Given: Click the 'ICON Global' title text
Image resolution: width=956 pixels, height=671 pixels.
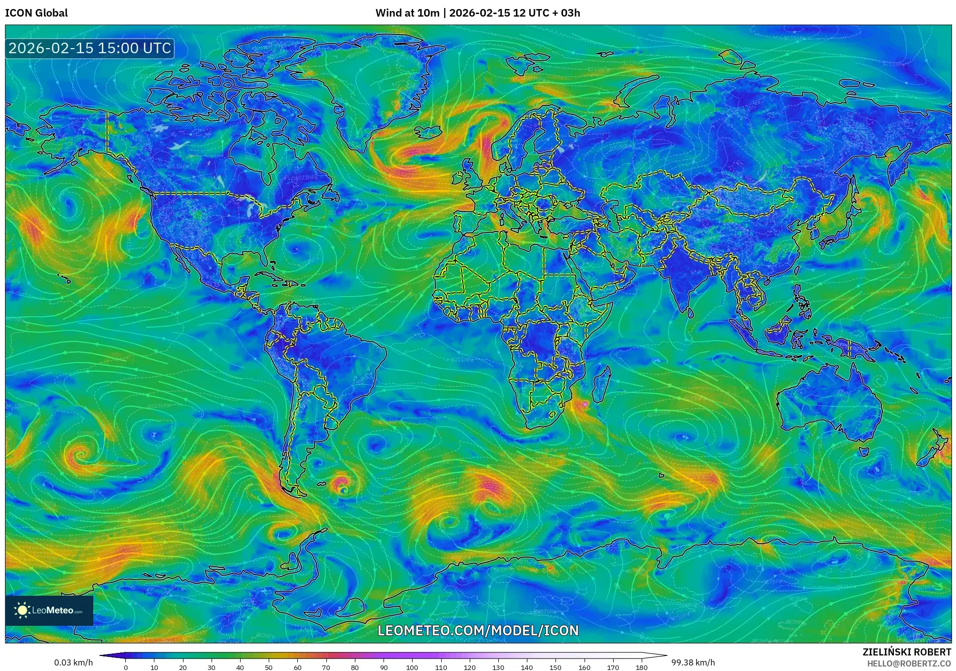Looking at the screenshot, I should (x=36, y=13).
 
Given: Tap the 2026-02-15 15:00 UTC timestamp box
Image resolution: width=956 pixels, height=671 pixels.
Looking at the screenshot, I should (x=90, y=48).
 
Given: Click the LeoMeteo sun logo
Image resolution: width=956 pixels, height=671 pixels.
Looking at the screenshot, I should (x=22, y=610).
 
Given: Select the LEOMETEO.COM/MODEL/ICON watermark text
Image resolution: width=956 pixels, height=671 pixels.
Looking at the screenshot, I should (x=478, y=630).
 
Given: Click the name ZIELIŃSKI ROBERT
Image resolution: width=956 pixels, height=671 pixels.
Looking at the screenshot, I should (x=906, y=652).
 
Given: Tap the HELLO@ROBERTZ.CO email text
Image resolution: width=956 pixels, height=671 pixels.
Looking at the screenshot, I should (x=909, y=663).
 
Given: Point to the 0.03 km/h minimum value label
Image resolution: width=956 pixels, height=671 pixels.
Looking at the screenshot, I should (x=73, y=662).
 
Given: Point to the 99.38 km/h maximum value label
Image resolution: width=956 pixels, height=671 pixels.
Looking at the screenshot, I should (x=693, y=662).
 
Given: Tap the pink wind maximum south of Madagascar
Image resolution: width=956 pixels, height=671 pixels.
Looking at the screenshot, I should (x=584, y=404).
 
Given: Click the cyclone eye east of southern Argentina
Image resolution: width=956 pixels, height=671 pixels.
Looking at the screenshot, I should (x=343, y=488).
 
